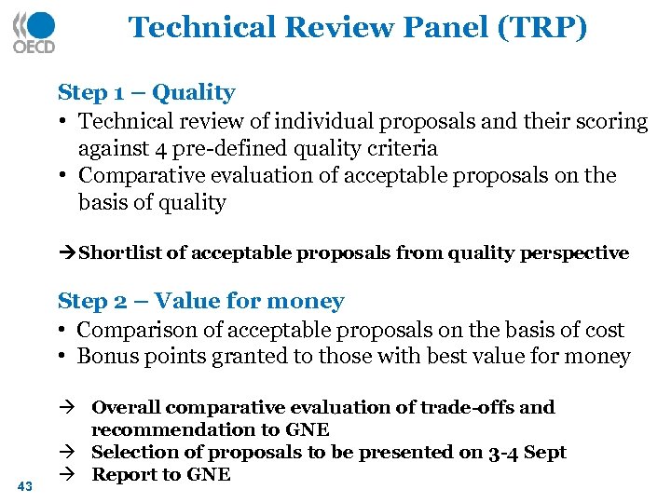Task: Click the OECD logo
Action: click(34, 33)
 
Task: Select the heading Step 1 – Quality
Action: click(146, 92)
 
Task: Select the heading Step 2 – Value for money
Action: click(200, 301)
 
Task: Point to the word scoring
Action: click(610, 121)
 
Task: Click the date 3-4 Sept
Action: click(527, 452)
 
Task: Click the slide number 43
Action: click(24, 485)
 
